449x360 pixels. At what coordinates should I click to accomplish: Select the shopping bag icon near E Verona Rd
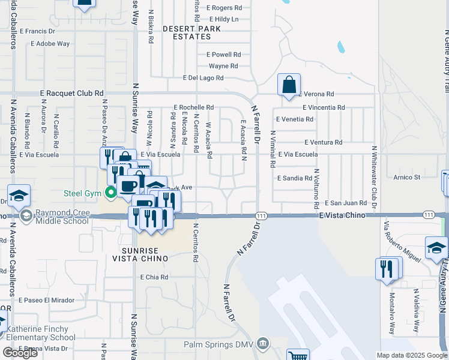(x=306, y=86)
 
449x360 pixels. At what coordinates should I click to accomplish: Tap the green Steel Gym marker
(x=110, y=193)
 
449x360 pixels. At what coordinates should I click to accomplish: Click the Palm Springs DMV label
(x=218, y=344)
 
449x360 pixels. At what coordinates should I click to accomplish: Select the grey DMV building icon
(x=262, y=344)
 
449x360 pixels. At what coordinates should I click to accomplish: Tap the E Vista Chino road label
(x=342, y=215)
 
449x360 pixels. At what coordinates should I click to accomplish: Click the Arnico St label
(x=407, y=177)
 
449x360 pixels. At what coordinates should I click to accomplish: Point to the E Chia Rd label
(x=154, y=277)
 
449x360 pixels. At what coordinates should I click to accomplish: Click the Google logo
(x=20, y=353)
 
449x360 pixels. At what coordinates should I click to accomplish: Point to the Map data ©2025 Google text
(x=412, y=355)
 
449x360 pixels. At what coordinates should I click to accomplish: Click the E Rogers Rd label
(x=224, y=8)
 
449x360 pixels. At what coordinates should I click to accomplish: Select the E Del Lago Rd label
(x=203, y=78)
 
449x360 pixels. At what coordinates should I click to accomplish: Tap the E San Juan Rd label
(x=346, y=203)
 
